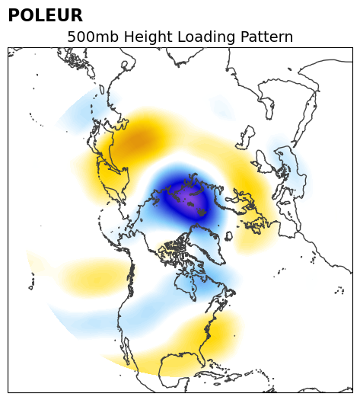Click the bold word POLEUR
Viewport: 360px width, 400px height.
click(x=46, y=15)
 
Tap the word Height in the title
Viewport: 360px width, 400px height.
click(x=148, y=37)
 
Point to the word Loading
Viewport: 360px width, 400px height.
click(x=206, y=37)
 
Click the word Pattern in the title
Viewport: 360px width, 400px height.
click(x=266, y=37)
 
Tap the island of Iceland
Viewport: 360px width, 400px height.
click(x=229, y=236)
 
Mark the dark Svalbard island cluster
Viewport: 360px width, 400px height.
click(x=202, y=212)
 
